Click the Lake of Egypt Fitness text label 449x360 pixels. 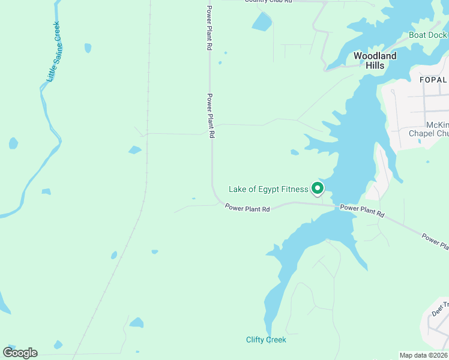coord(268,190)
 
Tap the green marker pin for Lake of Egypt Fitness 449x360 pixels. coord(316,188)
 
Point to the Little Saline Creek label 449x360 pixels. coord(53,52)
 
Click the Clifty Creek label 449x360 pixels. coord(266,340)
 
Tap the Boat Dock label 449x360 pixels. coord(427,35)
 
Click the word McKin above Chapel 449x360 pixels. coord(435,125)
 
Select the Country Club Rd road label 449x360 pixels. coord(268,2)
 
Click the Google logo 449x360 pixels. coord(20,353)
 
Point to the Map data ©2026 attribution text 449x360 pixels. coord(424,355)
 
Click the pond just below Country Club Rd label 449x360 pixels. coord(262,22)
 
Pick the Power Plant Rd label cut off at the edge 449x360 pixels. coord(435,241)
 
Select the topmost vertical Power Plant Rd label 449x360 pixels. coord(209,27)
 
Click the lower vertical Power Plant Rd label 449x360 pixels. coord(211,116)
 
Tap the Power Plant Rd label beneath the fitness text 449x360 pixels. coord(247,208)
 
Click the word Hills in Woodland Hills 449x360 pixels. coord(375,65)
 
